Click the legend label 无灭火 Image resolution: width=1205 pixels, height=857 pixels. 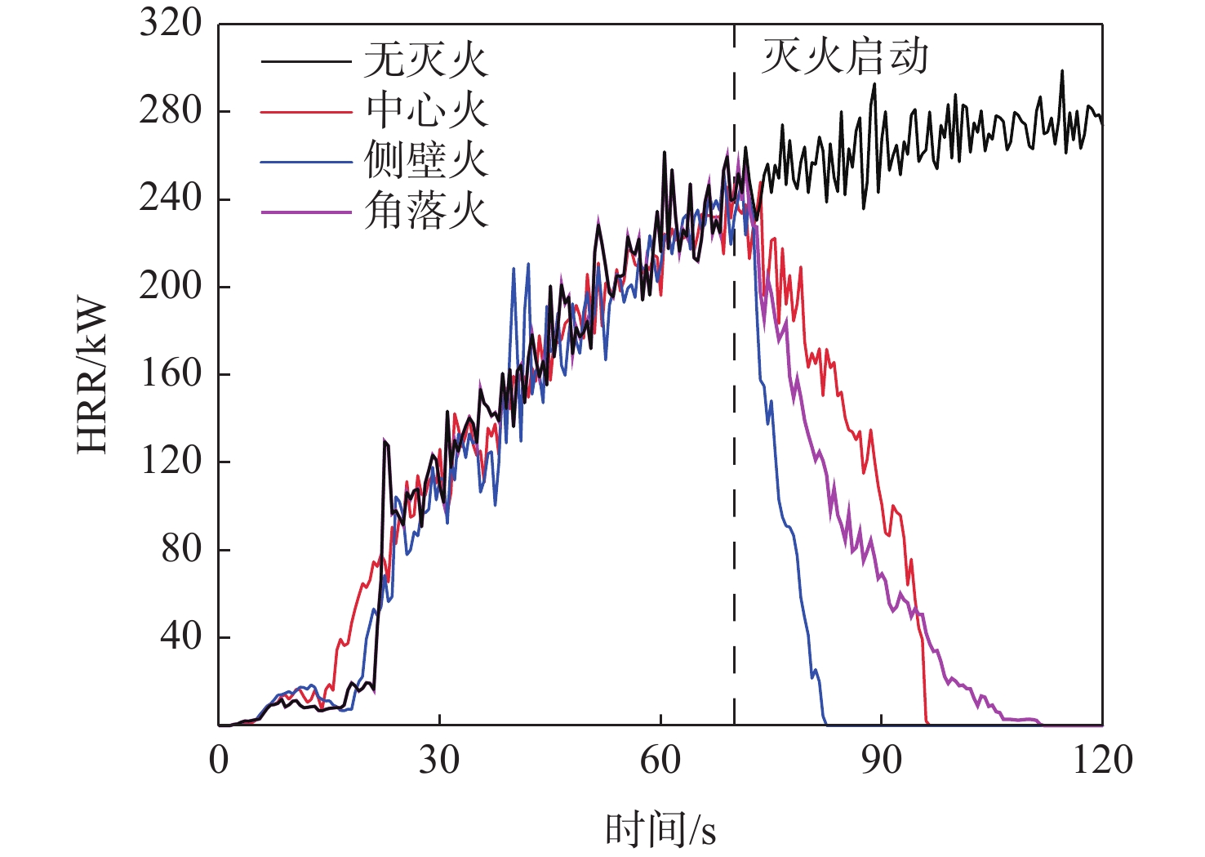[425, 60]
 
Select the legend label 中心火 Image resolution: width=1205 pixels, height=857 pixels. [425, 110]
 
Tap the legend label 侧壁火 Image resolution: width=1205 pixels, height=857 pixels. [425, 161]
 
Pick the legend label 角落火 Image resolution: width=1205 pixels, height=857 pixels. [425, 211]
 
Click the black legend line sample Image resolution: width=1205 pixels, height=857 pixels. [305, 60]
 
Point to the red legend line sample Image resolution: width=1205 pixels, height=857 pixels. [305, 111]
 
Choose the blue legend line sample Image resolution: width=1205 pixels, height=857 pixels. [305, 162]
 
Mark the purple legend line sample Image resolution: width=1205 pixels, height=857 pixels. [305, 212]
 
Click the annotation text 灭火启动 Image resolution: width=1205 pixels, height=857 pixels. [845, 57]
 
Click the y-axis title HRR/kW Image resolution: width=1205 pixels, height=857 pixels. [92, 376]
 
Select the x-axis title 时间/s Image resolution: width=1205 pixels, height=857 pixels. [660, 829]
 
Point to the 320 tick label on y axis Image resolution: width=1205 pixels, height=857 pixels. [170, 23]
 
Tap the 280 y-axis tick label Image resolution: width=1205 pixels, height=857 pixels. [170, 110]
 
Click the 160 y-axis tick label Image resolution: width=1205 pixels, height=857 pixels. [170, 373]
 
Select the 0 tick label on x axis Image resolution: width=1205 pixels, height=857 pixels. [219, 760]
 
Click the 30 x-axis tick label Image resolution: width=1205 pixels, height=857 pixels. [439, 760]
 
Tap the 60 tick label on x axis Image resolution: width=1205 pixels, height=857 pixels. [660, 760]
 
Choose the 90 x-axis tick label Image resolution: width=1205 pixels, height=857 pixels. [882, 760]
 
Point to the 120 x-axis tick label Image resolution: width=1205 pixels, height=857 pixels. [1102, 760]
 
